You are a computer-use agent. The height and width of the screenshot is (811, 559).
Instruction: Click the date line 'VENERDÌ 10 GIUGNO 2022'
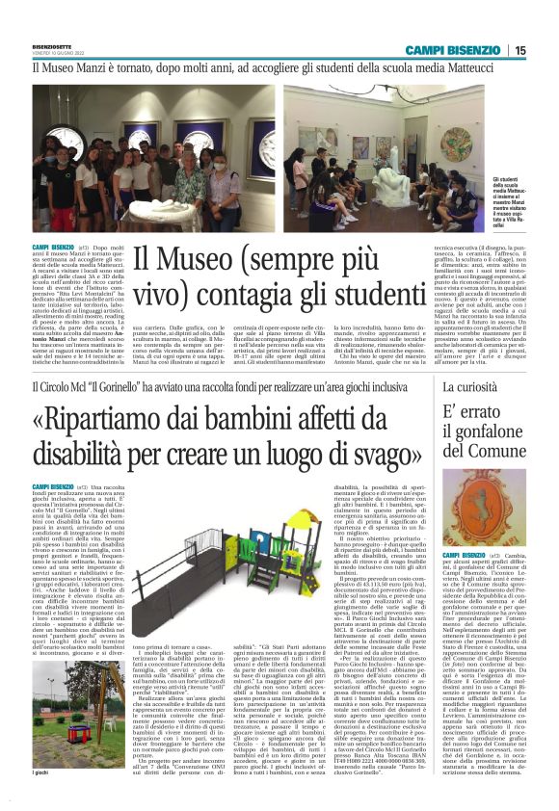coord(56,49)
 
